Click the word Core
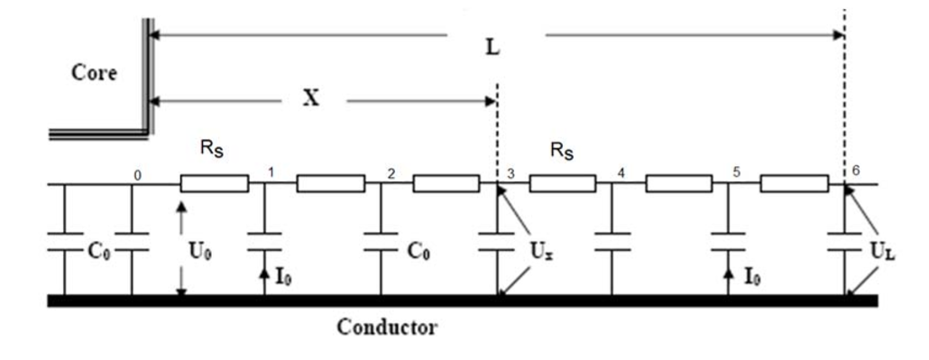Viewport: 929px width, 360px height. [94, 73]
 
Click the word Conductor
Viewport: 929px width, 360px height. [387, 327]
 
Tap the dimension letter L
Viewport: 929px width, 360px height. [492, 48]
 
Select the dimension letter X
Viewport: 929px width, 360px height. [311, 99]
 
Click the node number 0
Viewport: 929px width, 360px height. [138, 175]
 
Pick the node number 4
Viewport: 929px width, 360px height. [621, 173]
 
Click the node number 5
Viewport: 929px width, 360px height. [737, 173]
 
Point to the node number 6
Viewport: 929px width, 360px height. [855, 170]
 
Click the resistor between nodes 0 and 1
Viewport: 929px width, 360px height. [215, 184]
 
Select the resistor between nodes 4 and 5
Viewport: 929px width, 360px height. [679, 184]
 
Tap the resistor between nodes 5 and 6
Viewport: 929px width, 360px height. [795, 184]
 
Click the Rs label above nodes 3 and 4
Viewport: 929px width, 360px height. [562, 152]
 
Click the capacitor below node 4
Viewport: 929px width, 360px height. [612, 242]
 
